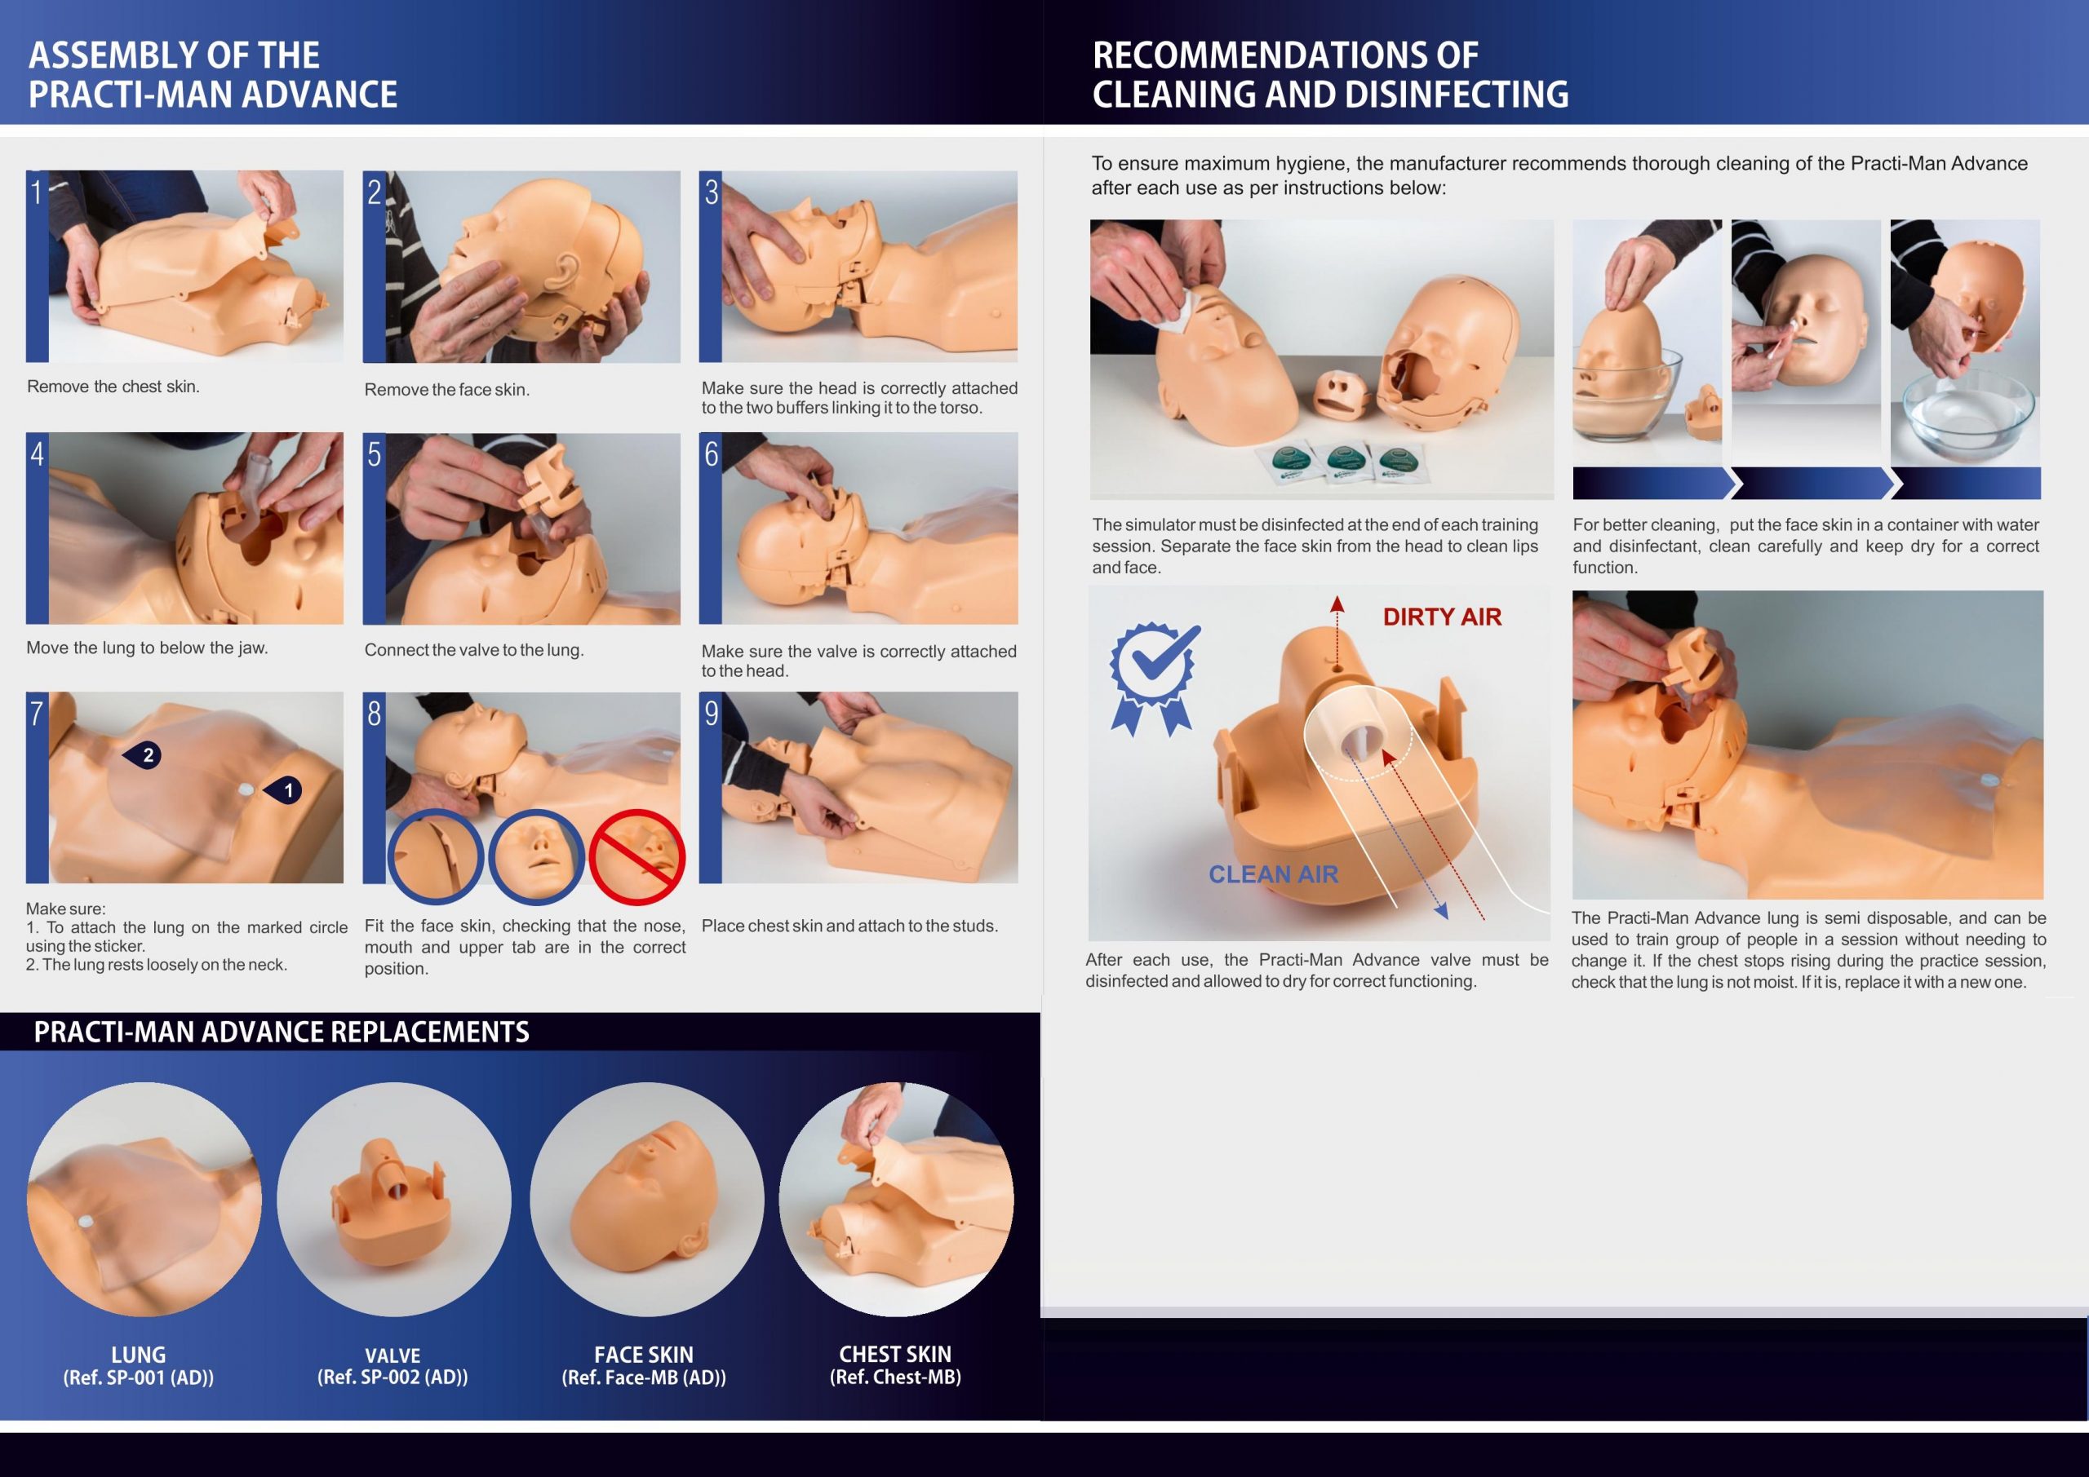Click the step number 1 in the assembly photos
[x=37, y=192]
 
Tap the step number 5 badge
[x=374, y=453]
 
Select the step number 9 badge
[x=711, y=713]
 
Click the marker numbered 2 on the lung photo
[x=143, y=755]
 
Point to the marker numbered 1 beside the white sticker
[x=283, y=790]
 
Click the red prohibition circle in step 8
[x=636, y=856]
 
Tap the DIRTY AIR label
[x=1442, y=617]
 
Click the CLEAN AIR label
[x=1273, y=874]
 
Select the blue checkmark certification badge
[x=1154, y=679]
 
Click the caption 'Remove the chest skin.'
[x=113, y=387]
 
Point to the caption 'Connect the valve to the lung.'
[x=474, y=649]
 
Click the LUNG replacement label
[x=138, y=1354]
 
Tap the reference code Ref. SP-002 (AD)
[x=393, y=1377]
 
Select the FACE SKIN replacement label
[x=643, y=1354]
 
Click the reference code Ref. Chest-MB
[x=895, y=1377]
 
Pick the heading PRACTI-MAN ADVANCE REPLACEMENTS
[x=282, y=1033]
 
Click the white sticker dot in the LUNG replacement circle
[x=86, y=1222]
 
